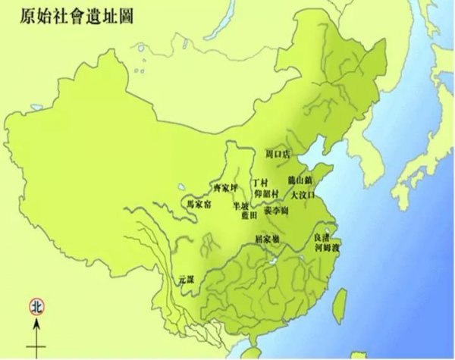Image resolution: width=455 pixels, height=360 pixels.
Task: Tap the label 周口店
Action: tap(279, 154)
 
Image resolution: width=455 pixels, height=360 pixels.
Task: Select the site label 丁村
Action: tap(261, 183)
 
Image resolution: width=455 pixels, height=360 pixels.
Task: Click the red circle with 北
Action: tap(36, 307)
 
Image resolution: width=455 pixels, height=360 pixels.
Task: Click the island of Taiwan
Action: tap(341, 296)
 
